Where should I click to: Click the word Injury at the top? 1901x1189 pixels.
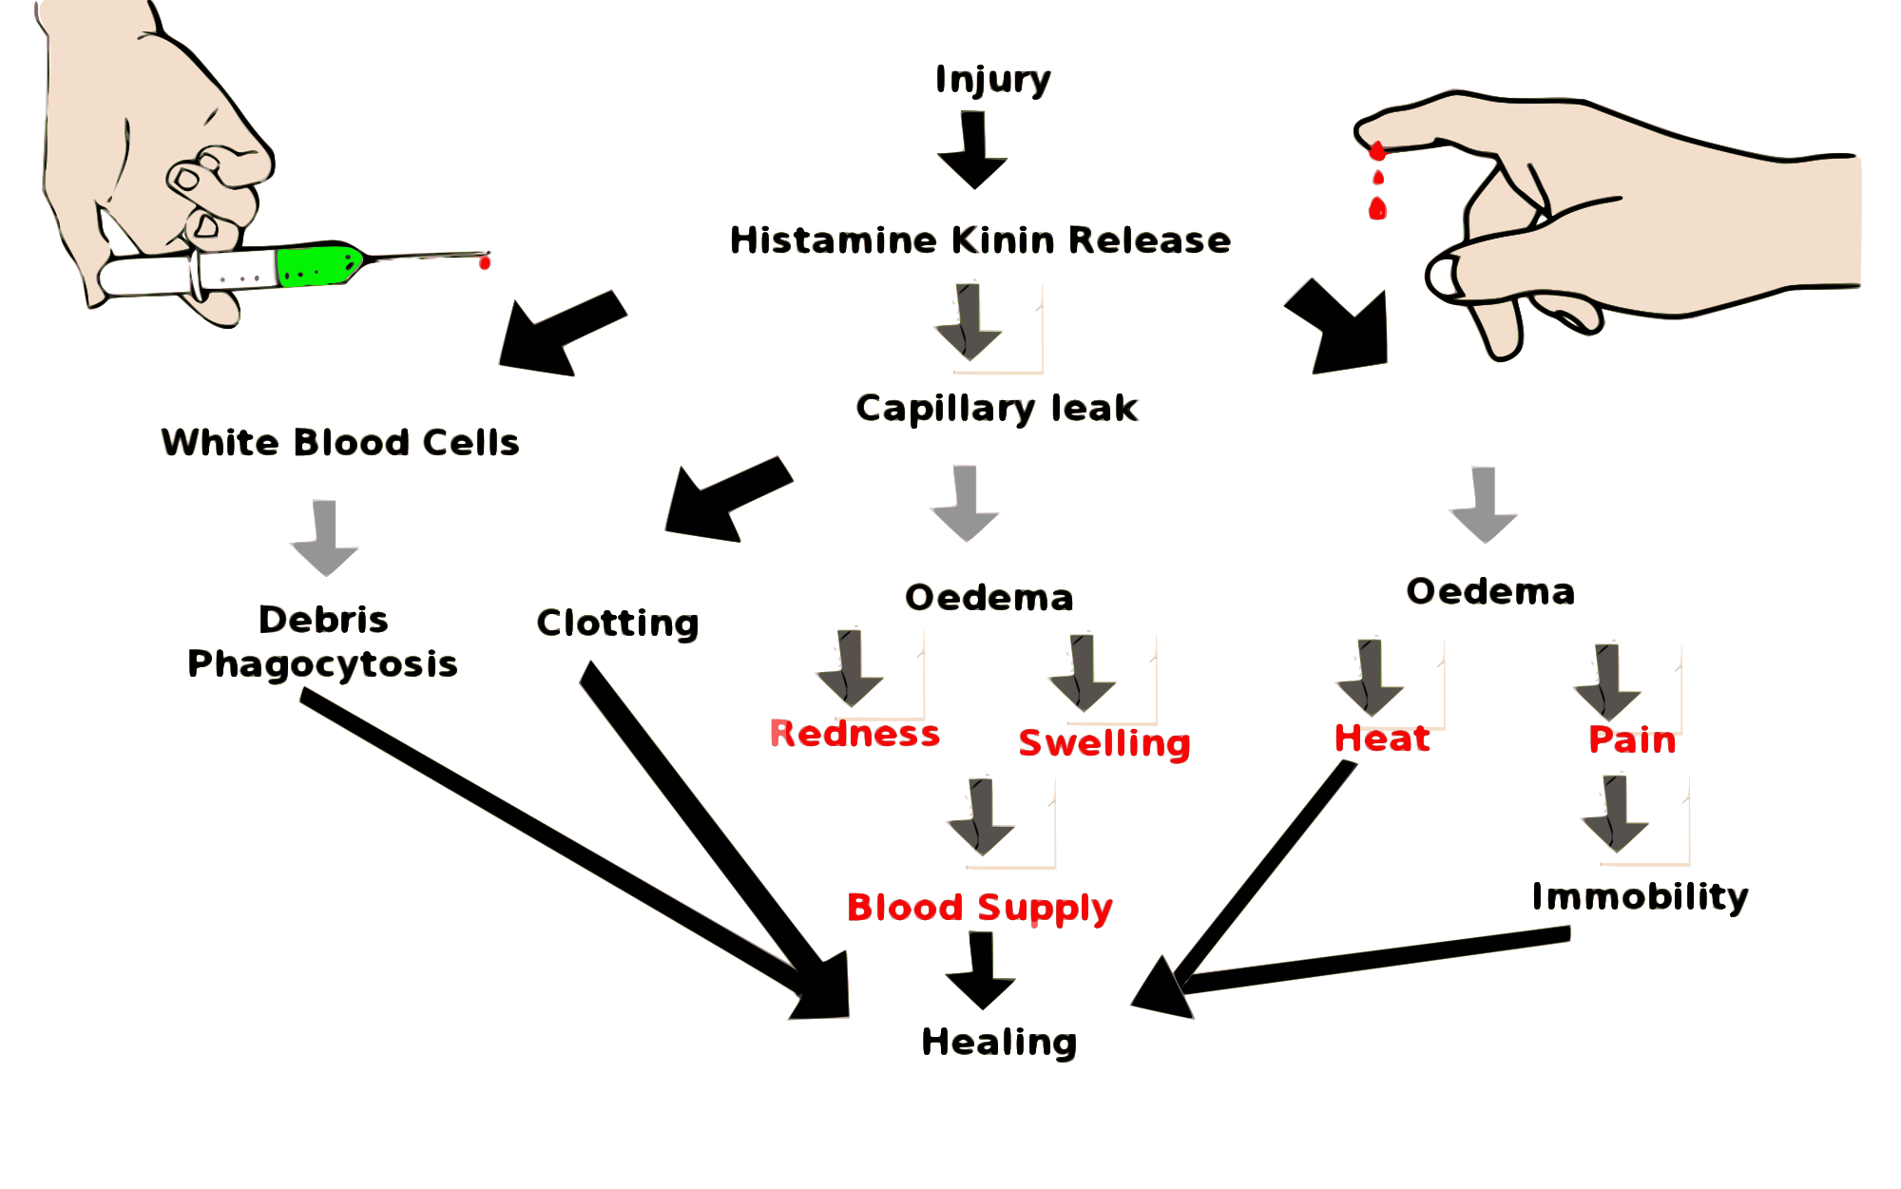coord(993,80)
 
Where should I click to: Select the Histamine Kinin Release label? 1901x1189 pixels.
coord(980,240)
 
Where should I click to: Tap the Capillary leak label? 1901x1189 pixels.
coord(997,408)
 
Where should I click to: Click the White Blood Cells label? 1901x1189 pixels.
coord(340,443)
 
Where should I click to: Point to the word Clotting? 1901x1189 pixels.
coord(618,623)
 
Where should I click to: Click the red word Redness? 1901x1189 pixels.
coord(854,734)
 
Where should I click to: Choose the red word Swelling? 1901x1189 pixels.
coord(1104,742)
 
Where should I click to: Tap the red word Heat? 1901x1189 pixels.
coord(1382,738)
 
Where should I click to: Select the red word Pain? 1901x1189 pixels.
coord(1632,739)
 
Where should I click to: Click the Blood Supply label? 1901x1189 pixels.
coord(980,907)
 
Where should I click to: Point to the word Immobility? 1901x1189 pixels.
coord(1640,896)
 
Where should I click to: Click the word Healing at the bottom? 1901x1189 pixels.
coord(999,1042)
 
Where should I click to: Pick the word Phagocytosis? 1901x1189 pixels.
coord(323,663)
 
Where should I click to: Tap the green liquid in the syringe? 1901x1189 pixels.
coord(314,264)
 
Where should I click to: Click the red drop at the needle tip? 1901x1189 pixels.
coord(485,261)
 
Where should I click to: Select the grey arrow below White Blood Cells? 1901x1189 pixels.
coord(324,539)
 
